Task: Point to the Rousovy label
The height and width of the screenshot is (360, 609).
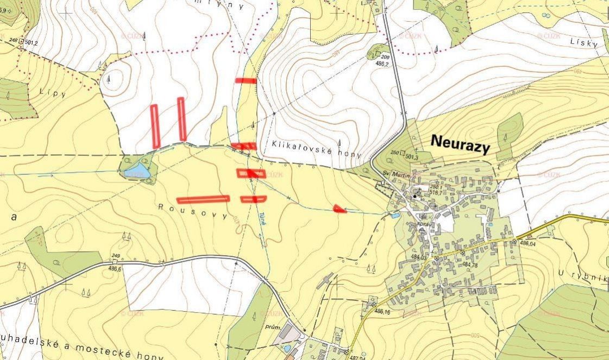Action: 193,210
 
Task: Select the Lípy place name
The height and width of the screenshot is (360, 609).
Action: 52,93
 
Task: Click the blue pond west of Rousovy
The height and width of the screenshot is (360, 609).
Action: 136,170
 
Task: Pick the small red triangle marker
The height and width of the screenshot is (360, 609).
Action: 340,209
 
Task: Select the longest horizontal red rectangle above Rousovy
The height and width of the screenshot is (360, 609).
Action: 203,199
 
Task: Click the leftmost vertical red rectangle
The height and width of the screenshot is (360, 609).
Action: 155,126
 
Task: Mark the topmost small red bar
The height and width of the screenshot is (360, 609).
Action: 246,80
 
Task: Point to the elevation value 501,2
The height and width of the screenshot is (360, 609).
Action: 32,42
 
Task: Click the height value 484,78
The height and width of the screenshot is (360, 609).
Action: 470,264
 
